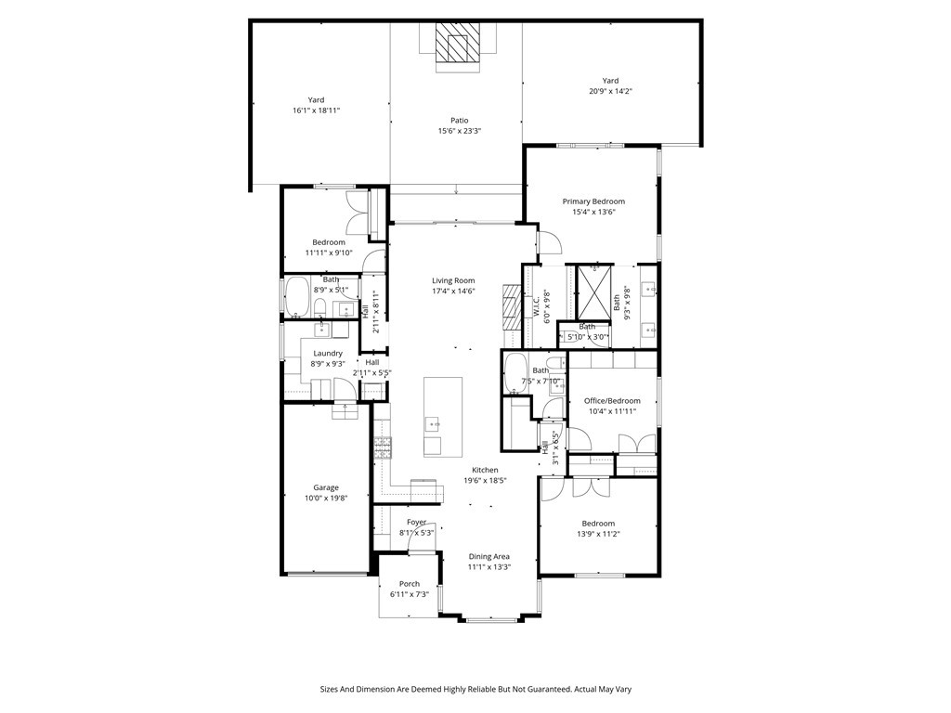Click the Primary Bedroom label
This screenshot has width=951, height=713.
click(x=593, y=201)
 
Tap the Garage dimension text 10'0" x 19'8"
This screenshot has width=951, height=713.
click(x=326, y=499)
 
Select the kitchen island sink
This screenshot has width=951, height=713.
click(x=433, y=423)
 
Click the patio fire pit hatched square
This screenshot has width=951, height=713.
click(x=458, y=42)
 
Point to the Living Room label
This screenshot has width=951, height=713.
click(x=453, y=280)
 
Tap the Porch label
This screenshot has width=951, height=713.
click(x=410, y=584)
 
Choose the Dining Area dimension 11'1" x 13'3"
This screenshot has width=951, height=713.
click(x=489, y=567)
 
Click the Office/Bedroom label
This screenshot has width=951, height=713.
click(x=612, y=401)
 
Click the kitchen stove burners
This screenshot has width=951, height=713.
click(x=383, y=447)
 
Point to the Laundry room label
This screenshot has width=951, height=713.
click(x=328, y=354)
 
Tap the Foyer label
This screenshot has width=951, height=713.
click(x=416, y=522)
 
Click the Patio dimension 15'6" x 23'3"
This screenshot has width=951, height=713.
click(x=460, y=131)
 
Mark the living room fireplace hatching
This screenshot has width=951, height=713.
click(x=512, y=307)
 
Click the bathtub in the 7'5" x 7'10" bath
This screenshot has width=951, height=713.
click(x=516, y=373)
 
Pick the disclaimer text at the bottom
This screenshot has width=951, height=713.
click(x=475, y=690)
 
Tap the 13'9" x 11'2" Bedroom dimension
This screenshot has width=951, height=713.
click(x=598, y=534)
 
